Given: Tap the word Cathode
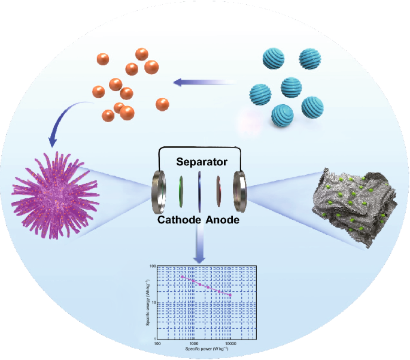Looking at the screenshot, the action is click(179, 220).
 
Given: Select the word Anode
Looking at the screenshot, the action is click(223, 220).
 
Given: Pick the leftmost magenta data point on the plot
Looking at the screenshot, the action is click(182, 276).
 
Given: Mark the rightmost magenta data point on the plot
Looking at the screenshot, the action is click(230, 295).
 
